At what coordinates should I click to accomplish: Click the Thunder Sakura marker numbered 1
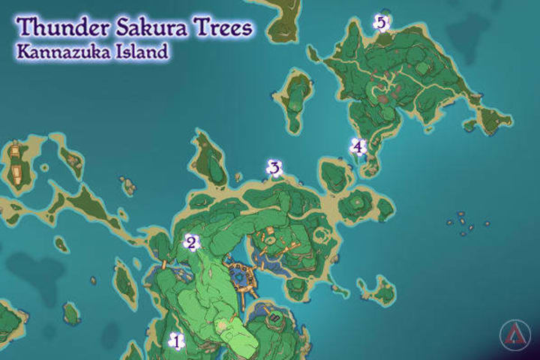[x=177, y=341]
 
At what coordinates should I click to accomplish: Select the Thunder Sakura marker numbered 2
[x=191, y=242]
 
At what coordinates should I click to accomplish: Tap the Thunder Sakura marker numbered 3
[x=274, y=169]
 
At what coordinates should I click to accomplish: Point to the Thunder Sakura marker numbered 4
[x=358, y=147]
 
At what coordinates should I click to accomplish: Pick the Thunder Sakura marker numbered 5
[x=381, y=23]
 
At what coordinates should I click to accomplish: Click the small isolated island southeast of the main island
[x=376, y=289]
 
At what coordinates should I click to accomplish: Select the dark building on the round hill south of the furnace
[x=275, y=319]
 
